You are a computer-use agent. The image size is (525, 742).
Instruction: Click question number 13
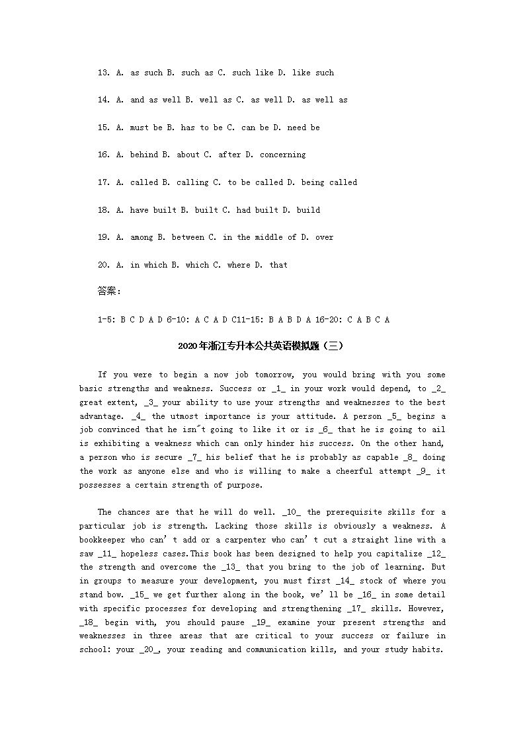(103, 73)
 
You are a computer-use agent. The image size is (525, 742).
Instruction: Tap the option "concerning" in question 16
(282, 155)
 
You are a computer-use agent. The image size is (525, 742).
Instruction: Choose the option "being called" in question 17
(329, 182)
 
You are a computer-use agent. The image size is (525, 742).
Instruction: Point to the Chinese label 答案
(108, 291)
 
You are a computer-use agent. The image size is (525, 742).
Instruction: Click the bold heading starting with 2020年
(262, 346)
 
